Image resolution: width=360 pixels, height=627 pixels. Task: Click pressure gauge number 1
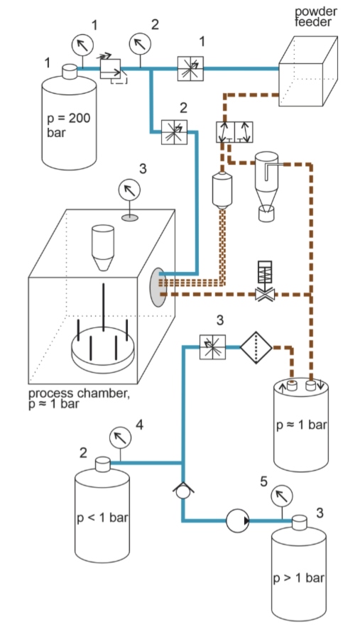pyautogui.click(x=82, y=45)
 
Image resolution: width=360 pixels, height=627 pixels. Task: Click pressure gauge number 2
pyautogui.click(x=141, y=43)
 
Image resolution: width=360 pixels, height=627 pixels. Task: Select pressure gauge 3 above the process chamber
pyautogui.click(x=130, y=190)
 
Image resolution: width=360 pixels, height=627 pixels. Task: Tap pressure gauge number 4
pyautogui.click(x=121, y=438)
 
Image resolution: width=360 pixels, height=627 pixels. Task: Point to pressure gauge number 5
pyautogui.click(x=282, y=496)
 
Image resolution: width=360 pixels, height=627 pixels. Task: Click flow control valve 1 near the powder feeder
pyautogui.click(x=190, y=68)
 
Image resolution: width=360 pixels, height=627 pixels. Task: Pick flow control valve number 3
pyautogui.click(x=212, y=347)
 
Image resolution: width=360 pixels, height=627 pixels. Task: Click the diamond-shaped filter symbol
pyautogui.click(x=256, y=347)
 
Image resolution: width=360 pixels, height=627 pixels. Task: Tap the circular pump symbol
pyautogui.click(x=238, y=520)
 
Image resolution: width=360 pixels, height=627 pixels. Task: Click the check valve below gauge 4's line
pyautogui.click(x=183, y=490)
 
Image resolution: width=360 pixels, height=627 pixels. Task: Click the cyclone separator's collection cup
pyautogui.click(x=267, y=214)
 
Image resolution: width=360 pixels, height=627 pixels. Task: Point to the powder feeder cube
pyautogui.click(x=308, y=71)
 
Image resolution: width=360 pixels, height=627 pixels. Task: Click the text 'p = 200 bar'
pyautogui.click(x=68, y=125)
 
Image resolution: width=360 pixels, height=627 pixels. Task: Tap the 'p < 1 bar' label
pyautogui.click(x=102, y=518)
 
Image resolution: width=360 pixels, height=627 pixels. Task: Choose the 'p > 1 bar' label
pyautogui.click(x=299, y=578)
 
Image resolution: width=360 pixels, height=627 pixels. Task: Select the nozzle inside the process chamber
pyautogui.click(x=103, y=248)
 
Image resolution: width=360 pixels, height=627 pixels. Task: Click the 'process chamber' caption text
pyautogui.click(x=80, y=393)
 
